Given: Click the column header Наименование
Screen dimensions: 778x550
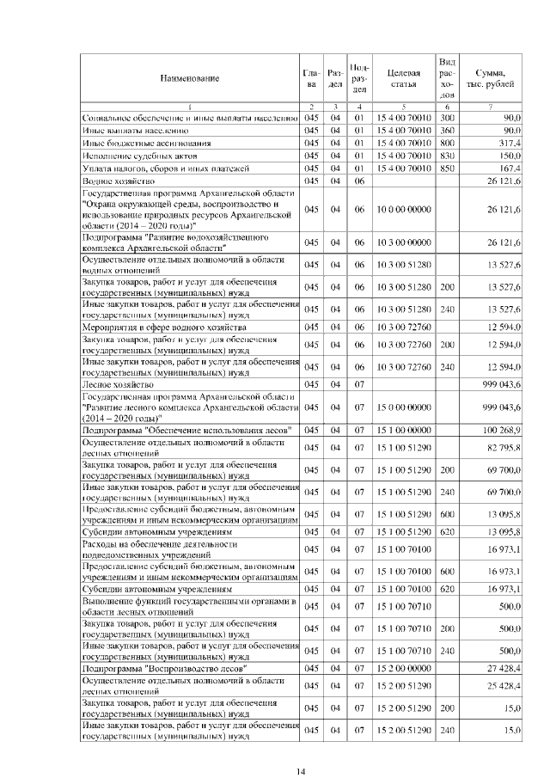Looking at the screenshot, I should [x=188, y=78].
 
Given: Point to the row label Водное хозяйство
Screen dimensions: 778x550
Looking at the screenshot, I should [x=117, y=182].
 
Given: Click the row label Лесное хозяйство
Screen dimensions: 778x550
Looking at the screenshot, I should [x=116, y=383].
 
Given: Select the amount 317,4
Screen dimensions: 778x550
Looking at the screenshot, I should [x=510, y=143].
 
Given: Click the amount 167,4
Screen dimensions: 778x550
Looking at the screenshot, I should [x=510, y=169].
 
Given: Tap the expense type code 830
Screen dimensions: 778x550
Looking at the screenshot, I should [x=446, y=156].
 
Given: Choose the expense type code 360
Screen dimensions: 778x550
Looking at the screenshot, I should [x=446, y=130].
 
